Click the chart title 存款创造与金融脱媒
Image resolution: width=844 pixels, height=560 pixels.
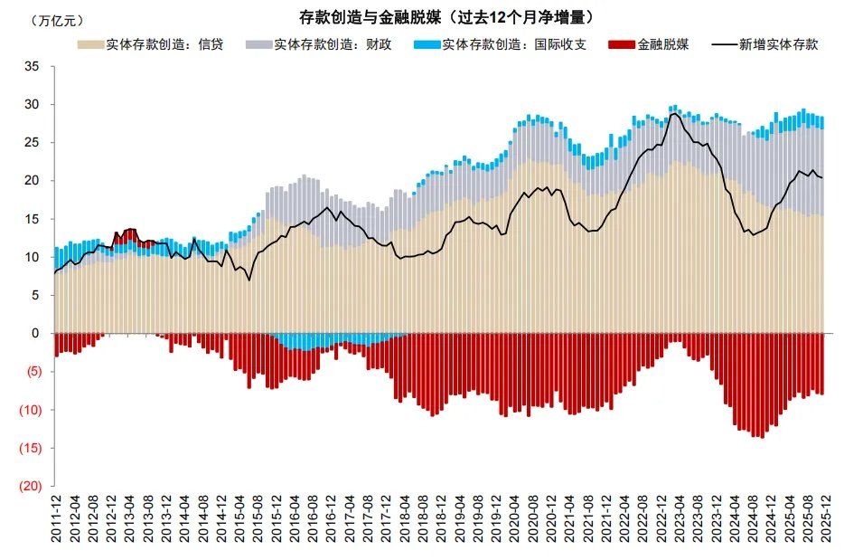tap(446, 17)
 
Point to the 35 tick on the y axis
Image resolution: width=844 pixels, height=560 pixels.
tap(33, 67)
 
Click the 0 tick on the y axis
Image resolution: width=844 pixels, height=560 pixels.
tap(36, 334)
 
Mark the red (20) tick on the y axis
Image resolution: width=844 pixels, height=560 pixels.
tap(30, 486)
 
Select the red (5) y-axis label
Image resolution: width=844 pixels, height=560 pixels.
tap(32, 372)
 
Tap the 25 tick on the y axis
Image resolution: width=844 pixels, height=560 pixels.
tap(33, 143)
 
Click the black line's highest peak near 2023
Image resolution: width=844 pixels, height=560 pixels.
tap(673, 113)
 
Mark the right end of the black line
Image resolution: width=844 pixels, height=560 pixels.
tap(822, 177)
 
